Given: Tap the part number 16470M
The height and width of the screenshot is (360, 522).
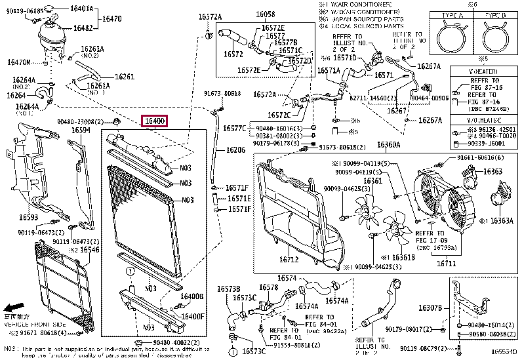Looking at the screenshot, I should pyautogui.click(x=19, y=62).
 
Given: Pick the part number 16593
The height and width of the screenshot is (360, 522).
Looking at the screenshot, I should pyautogui.click(x=28, y=216).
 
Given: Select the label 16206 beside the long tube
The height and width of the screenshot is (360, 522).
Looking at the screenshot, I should pyautogui.click(x=236, y=150).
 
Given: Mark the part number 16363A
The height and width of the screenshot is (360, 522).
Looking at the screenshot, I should pyautogui.click(x=501, y=221).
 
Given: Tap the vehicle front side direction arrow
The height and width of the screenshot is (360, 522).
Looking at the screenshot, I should pyautogui.click(x=14, y=307).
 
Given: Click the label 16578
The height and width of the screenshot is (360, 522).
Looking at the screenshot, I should pyautogui.click(x=268, y=287).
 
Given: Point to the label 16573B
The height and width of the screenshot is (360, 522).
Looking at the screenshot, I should pyautogui.click(x=229, y=289).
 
